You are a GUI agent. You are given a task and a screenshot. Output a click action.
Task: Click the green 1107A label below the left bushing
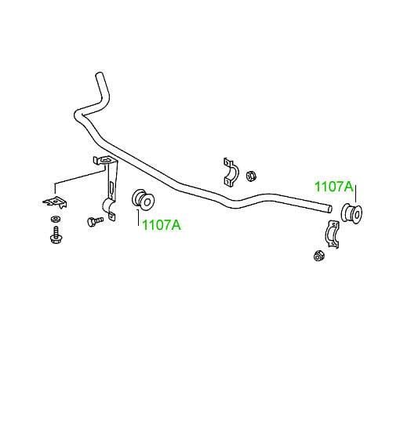[x=162, y=225]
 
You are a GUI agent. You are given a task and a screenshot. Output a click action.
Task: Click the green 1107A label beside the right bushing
[x=334, y=187]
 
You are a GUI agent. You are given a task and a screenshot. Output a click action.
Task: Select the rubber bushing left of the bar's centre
[x=144, y=199]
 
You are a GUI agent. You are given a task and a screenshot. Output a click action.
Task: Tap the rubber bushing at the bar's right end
[x=351, y=214]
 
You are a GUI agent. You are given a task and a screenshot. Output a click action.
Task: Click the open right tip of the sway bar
[x=330, y=209]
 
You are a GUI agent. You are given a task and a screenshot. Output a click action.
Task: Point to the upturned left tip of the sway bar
[x=99, y=75]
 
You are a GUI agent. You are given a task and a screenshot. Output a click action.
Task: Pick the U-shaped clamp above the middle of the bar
[x=231, y=173]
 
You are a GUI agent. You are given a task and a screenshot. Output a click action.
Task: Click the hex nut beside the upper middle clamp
[x=251, y=176]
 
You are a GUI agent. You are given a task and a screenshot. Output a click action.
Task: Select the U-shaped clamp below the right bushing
[x=333, y=235]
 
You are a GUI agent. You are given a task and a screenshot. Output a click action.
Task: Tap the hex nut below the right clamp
[x=318, y=256]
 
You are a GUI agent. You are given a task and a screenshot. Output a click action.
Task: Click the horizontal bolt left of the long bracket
[x=95, y=221]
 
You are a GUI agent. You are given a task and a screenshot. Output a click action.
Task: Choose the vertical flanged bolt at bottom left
[x=56, y=235]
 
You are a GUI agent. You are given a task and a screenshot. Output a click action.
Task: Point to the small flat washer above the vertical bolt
[x=55, y=219]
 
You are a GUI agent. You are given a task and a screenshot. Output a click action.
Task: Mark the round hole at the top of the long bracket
[x=105, y=161]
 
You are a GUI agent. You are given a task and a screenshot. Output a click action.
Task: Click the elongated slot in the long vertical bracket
[x=111, y=190]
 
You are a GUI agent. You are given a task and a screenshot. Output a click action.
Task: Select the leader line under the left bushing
[x=138, y=218]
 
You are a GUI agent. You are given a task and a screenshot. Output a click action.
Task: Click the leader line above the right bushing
[x=355, y=194]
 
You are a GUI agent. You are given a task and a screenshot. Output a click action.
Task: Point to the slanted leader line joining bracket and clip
[x=80, y=176]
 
